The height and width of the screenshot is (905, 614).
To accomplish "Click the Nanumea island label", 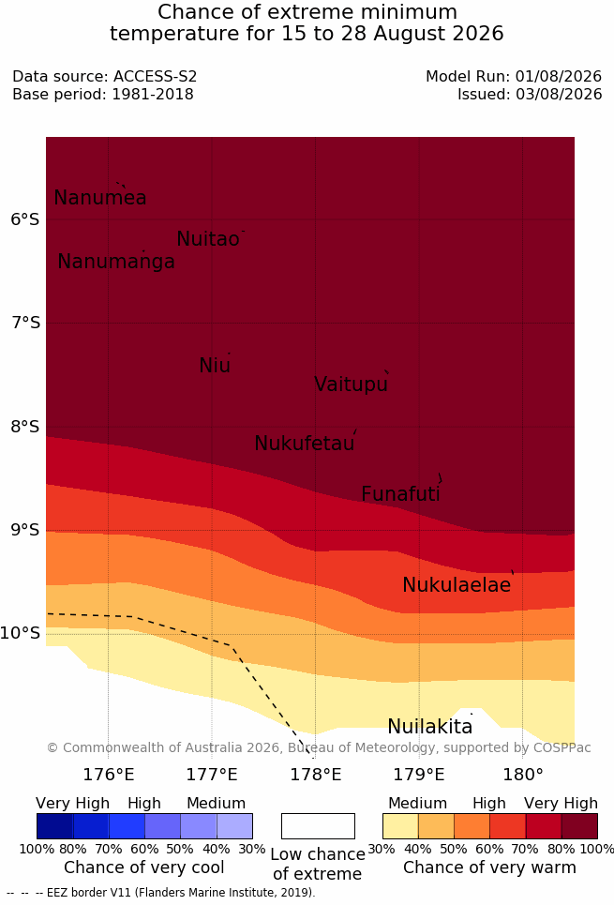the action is [99, 197].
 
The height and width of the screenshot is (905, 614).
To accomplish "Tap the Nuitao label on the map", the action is [208, 238].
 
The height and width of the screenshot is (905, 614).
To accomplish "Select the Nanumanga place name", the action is [116, 262].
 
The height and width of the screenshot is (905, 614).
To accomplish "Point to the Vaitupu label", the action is [351, 384].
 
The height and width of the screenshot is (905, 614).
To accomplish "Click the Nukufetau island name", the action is [304, 444].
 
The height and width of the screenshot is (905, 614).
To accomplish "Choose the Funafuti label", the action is [400, 493].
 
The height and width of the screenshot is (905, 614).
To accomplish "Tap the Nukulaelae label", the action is [457, 584].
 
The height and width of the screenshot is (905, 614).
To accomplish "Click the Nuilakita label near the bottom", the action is [430, 726].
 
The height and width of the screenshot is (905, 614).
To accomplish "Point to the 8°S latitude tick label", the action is [25, 427].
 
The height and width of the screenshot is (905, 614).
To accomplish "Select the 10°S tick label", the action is [21, 633].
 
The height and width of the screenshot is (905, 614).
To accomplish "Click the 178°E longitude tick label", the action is [315, 774].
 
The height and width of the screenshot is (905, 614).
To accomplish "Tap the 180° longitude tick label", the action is [523, 774].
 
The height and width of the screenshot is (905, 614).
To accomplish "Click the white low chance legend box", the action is [318, 826].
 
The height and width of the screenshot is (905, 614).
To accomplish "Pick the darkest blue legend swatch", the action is [54, 826].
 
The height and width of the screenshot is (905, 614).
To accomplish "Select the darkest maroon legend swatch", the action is [579, 826].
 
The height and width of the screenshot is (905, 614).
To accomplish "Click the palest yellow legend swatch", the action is [400, 826].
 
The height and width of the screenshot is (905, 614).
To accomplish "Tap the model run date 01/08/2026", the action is [559, 76].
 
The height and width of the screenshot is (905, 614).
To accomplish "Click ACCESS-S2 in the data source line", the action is [156, 76].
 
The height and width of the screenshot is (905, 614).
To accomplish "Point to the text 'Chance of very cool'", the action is [144, 867].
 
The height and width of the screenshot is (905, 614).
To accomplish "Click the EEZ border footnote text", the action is [161, 893].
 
